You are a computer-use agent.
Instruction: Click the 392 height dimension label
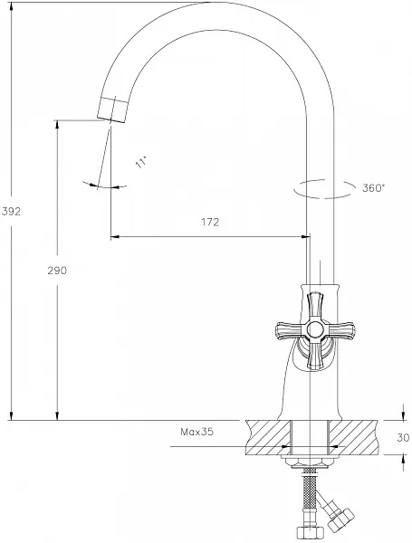[x=11, y=211]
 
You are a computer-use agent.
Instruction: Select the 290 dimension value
[x=57, y=271]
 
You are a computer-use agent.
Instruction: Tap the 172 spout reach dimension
[x=210, y=222]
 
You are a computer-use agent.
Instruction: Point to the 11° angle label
[x=141, y=162]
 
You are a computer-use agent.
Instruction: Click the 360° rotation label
[x=374, y=188]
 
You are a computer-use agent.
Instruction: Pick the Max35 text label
[x=196, y=432]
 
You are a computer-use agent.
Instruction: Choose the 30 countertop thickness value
[x=403, y=438]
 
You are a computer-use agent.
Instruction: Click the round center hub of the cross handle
[x=315, y=329]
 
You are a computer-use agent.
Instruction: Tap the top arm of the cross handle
[x=315, y=306]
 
